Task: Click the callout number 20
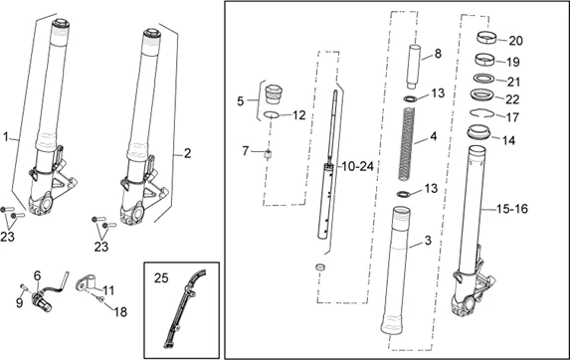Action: click(x=515, y=41)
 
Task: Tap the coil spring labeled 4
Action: click(x=407, y=144)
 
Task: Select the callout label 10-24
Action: click(x=357, y=166)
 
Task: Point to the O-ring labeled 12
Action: click(x=272, y=114)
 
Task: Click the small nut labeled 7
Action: click(x=268, y=155)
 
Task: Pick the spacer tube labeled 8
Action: click(x=413, y=67)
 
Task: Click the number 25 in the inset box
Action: click(x=161, y=277)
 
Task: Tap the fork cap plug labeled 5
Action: click(x=274, y=94)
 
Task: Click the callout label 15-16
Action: click(x=512, y=209)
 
